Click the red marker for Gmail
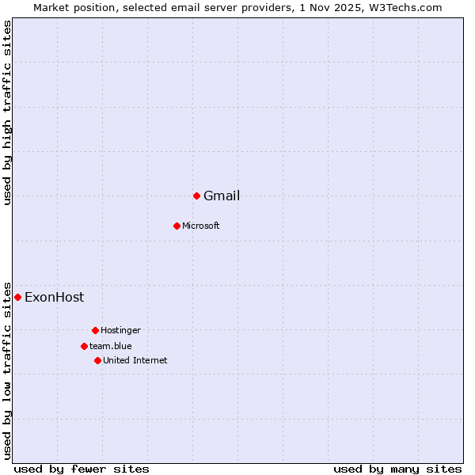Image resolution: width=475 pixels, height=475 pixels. coord(196,196)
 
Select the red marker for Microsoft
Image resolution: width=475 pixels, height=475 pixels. coord(177,226)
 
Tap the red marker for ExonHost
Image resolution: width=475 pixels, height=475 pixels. coord(17,297)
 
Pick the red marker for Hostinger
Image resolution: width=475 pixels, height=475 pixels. coord(95,330)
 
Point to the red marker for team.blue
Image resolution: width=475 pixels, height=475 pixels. coord(84,346)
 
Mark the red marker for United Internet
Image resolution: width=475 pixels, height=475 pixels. coord(97,360)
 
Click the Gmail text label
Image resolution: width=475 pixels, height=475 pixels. coord(222,196)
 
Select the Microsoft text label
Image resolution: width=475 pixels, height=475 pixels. coord(201,226)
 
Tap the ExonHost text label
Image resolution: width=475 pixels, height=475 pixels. coord(54,298)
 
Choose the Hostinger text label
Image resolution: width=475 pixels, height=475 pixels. coord(120,330)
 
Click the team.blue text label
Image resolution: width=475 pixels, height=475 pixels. coord(111,346)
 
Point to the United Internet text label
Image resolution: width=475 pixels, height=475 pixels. coord(135,360)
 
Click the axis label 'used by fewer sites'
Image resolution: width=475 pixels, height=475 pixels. coord(82,469)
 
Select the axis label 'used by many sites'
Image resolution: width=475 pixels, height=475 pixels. coord(397,469)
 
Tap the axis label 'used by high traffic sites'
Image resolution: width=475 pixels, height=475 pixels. coord(8,112)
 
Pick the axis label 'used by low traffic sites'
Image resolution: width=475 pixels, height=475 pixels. coord(8,370)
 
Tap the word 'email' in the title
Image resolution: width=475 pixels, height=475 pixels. coord(195,7)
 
